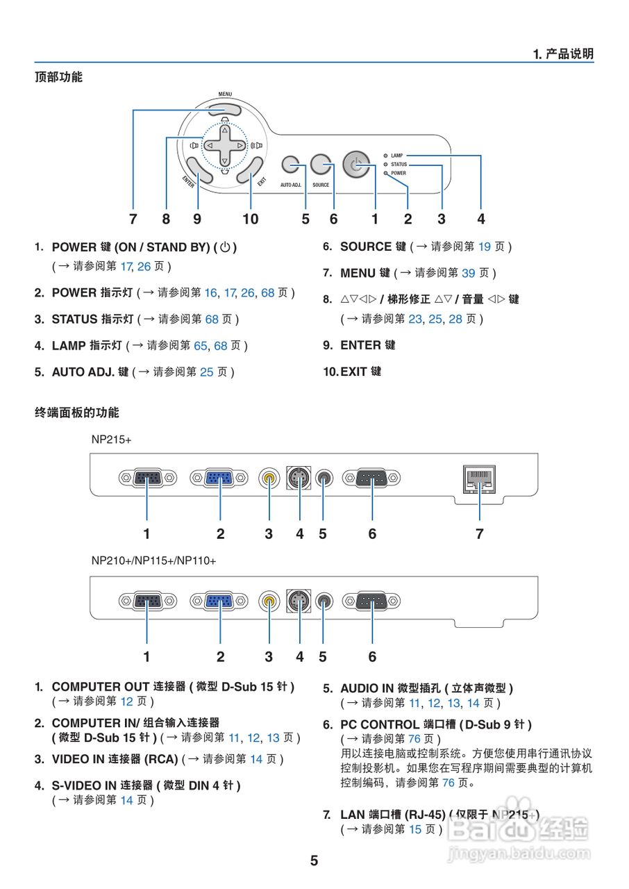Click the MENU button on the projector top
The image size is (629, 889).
(x=224, y=109)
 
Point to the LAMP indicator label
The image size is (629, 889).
(x=397, y=156)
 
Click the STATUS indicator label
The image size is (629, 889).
(x=399, y=165)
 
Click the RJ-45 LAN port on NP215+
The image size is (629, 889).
(x=479, y=479)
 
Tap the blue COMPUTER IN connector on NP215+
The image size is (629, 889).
(x=219, y=478)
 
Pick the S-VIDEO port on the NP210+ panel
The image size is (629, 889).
(x=300, y=600)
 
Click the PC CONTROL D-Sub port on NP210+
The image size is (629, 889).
(x=372, y=600)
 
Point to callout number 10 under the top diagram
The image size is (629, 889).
(x=251, y=219)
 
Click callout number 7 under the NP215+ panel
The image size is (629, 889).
(x=479, y=533)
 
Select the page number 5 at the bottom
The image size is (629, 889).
(x=314, y=861)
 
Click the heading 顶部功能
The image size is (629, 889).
(x=58, y=77)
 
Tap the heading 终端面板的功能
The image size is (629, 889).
(x=76, y=413)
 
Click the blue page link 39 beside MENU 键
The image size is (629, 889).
(x=469, y=273)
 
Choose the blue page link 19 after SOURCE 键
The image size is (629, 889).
(x=485, y=247)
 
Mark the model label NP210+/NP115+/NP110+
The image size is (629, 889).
(x=153, y=560)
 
